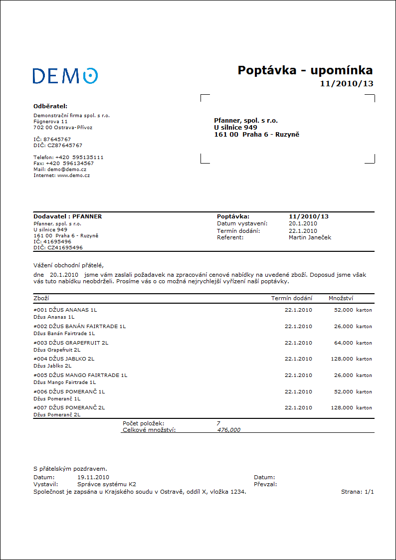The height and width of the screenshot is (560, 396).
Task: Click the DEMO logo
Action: click(x=65, y=76)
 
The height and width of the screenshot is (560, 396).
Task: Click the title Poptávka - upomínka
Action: click(x=305, y=70)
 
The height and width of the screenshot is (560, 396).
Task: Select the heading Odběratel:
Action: click(x=50, y=106)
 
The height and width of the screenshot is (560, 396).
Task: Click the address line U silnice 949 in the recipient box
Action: click(x=235, y=127)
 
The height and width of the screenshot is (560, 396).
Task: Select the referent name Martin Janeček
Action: click(x=310, y=237)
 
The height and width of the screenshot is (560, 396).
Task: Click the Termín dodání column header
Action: click(x=292, y=298)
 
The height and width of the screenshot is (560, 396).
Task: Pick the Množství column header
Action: click(x=341, y=298)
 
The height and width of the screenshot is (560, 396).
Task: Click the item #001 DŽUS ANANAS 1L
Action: click(x=65, y=310)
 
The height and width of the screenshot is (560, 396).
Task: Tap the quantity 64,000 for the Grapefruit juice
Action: click(x=343, y=343)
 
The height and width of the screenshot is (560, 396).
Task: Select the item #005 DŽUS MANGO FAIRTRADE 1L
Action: click(x=80, y=375)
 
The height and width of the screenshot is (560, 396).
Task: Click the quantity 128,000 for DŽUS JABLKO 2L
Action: click(x=342, y=359)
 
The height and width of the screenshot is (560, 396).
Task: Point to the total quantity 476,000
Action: click(x=229, y=430)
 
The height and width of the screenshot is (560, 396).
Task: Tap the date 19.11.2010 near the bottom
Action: click(x=93, y=478)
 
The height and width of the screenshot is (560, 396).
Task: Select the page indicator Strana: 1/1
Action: click(x=357, y=492)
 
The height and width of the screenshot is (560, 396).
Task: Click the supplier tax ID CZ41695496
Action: click(x=65, y=247)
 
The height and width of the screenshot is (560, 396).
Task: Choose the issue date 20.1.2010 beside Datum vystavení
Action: click(x=303, y=223)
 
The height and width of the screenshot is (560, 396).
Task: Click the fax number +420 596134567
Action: click(x=69, y=163)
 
